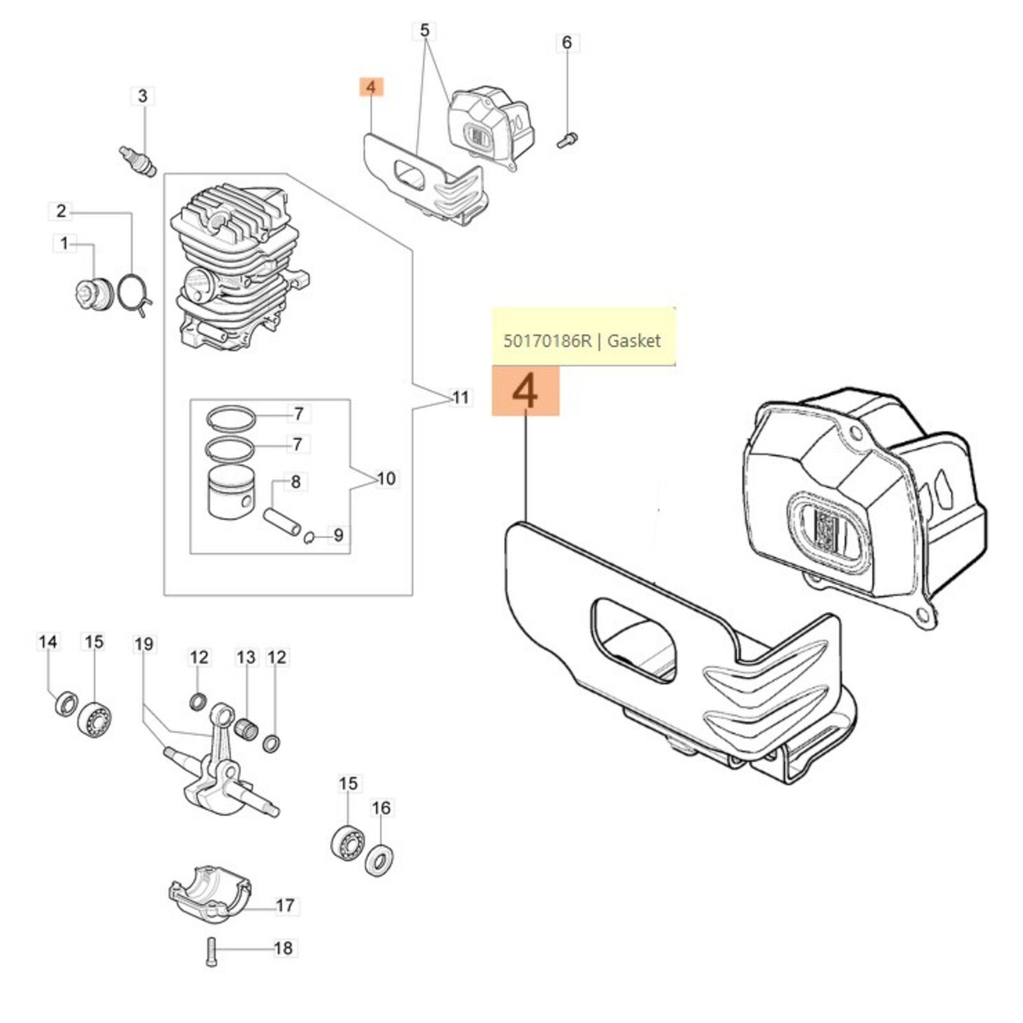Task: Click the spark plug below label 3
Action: (x=138, y=160)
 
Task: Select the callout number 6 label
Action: (x=566, y=43)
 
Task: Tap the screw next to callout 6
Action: (x=567, y=139)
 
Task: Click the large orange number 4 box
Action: (x=525, y=391)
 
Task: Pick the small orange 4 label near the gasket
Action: (x=371, y=88)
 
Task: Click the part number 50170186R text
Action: (x=547, y=341)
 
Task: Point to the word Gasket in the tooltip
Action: (x=634, y=341)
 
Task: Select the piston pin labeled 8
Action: (x=283, y=522)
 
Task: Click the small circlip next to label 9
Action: (x=309, y=537)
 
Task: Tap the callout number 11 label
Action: (x=460, y=398)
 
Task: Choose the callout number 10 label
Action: (x=386, y=478)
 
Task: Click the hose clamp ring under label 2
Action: (x=135, y=293)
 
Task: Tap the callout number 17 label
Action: (x=285, y=905)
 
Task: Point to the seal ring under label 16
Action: (x=379, y=859)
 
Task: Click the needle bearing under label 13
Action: (x=246, y=728)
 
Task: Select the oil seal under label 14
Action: (x=65, y=704)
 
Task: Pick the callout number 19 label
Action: (x=144, y=644)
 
